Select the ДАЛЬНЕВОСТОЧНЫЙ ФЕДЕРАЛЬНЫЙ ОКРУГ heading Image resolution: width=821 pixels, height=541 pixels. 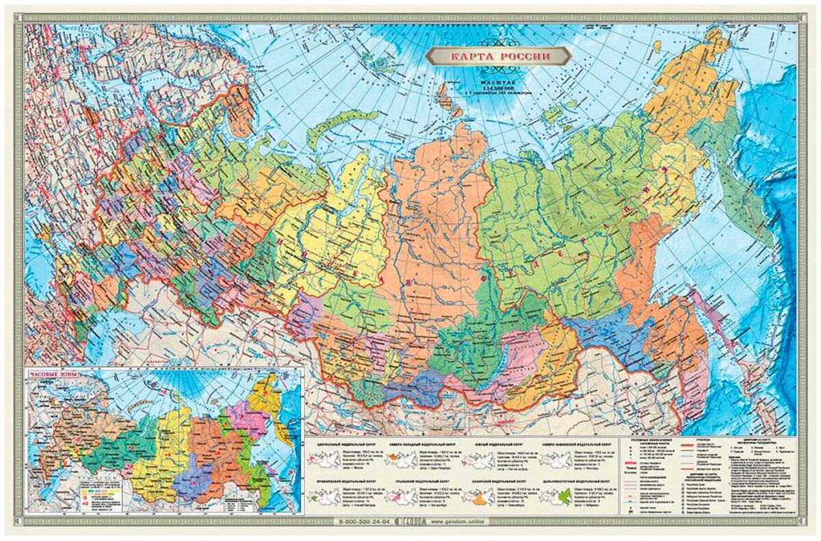point(572,481)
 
